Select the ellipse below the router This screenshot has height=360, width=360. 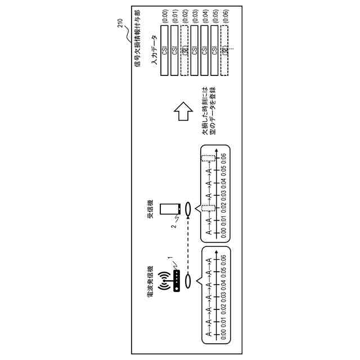coord(191,279)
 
